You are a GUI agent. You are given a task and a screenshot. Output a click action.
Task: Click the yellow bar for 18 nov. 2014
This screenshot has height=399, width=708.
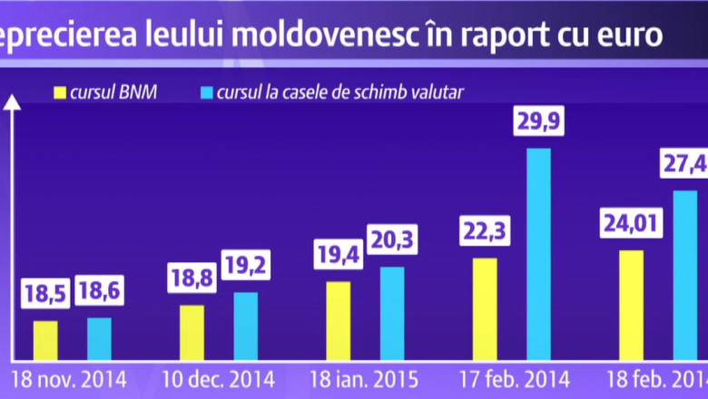45,340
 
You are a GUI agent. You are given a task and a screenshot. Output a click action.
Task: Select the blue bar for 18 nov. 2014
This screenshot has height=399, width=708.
100,338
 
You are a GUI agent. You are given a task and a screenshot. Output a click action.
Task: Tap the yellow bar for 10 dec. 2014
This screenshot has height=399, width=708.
192,332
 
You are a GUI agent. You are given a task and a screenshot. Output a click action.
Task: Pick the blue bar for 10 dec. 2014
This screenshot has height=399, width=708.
246,326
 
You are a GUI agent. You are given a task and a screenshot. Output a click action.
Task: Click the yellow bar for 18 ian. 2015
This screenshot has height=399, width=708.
338,320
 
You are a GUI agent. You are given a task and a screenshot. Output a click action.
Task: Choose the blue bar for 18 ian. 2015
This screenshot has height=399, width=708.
392,313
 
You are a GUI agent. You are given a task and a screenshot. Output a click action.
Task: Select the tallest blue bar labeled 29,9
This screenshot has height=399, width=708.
538,254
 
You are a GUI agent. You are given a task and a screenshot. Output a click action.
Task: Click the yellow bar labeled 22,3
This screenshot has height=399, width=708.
485,308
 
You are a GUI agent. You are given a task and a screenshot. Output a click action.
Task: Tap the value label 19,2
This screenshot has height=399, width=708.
246,268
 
